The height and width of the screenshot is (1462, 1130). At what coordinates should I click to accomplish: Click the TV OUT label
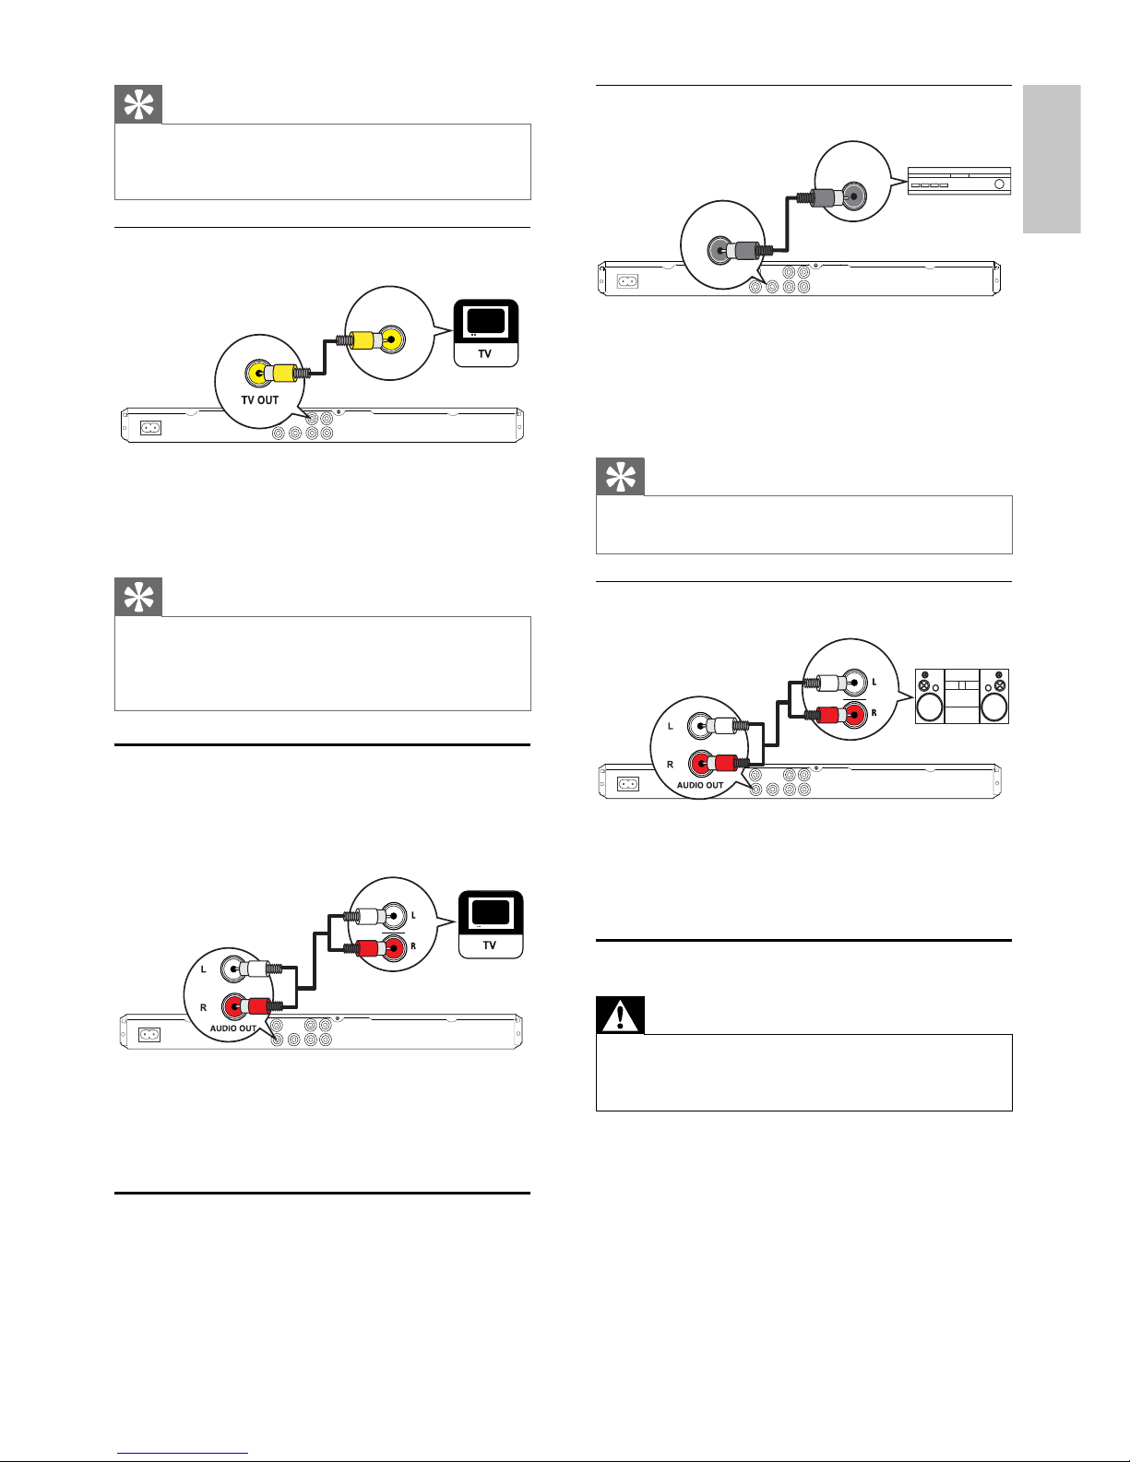click(259, 400)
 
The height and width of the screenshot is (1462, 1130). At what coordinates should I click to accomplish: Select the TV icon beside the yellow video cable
click(486, 333)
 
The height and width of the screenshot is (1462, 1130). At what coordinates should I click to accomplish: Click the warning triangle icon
click(620, 1016)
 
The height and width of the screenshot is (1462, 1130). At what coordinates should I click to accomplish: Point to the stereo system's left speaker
click(930, 696)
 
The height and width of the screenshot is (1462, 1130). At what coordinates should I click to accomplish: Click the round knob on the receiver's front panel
click(999, 184)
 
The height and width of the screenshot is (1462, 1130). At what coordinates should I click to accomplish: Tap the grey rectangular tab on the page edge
click(1051, 159)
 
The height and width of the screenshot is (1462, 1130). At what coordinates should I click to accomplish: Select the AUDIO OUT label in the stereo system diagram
click(700, 786)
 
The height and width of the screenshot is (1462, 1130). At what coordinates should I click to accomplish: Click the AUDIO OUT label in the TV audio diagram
click(233, 1028)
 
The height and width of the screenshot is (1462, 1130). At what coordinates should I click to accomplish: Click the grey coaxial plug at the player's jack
click(743, 250)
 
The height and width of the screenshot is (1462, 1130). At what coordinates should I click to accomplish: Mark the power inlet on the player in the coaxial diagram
click(627, 280)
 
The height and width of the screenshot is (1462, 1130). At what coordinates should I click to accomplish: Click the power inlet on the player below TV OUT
click(149, 428)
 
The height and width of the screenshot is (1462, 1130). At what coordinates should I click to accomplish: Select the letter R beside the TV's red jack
click(413, 946)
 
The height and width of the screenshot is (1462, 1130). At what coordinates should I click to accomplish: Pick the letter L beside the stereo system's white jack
click(874, 683)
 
